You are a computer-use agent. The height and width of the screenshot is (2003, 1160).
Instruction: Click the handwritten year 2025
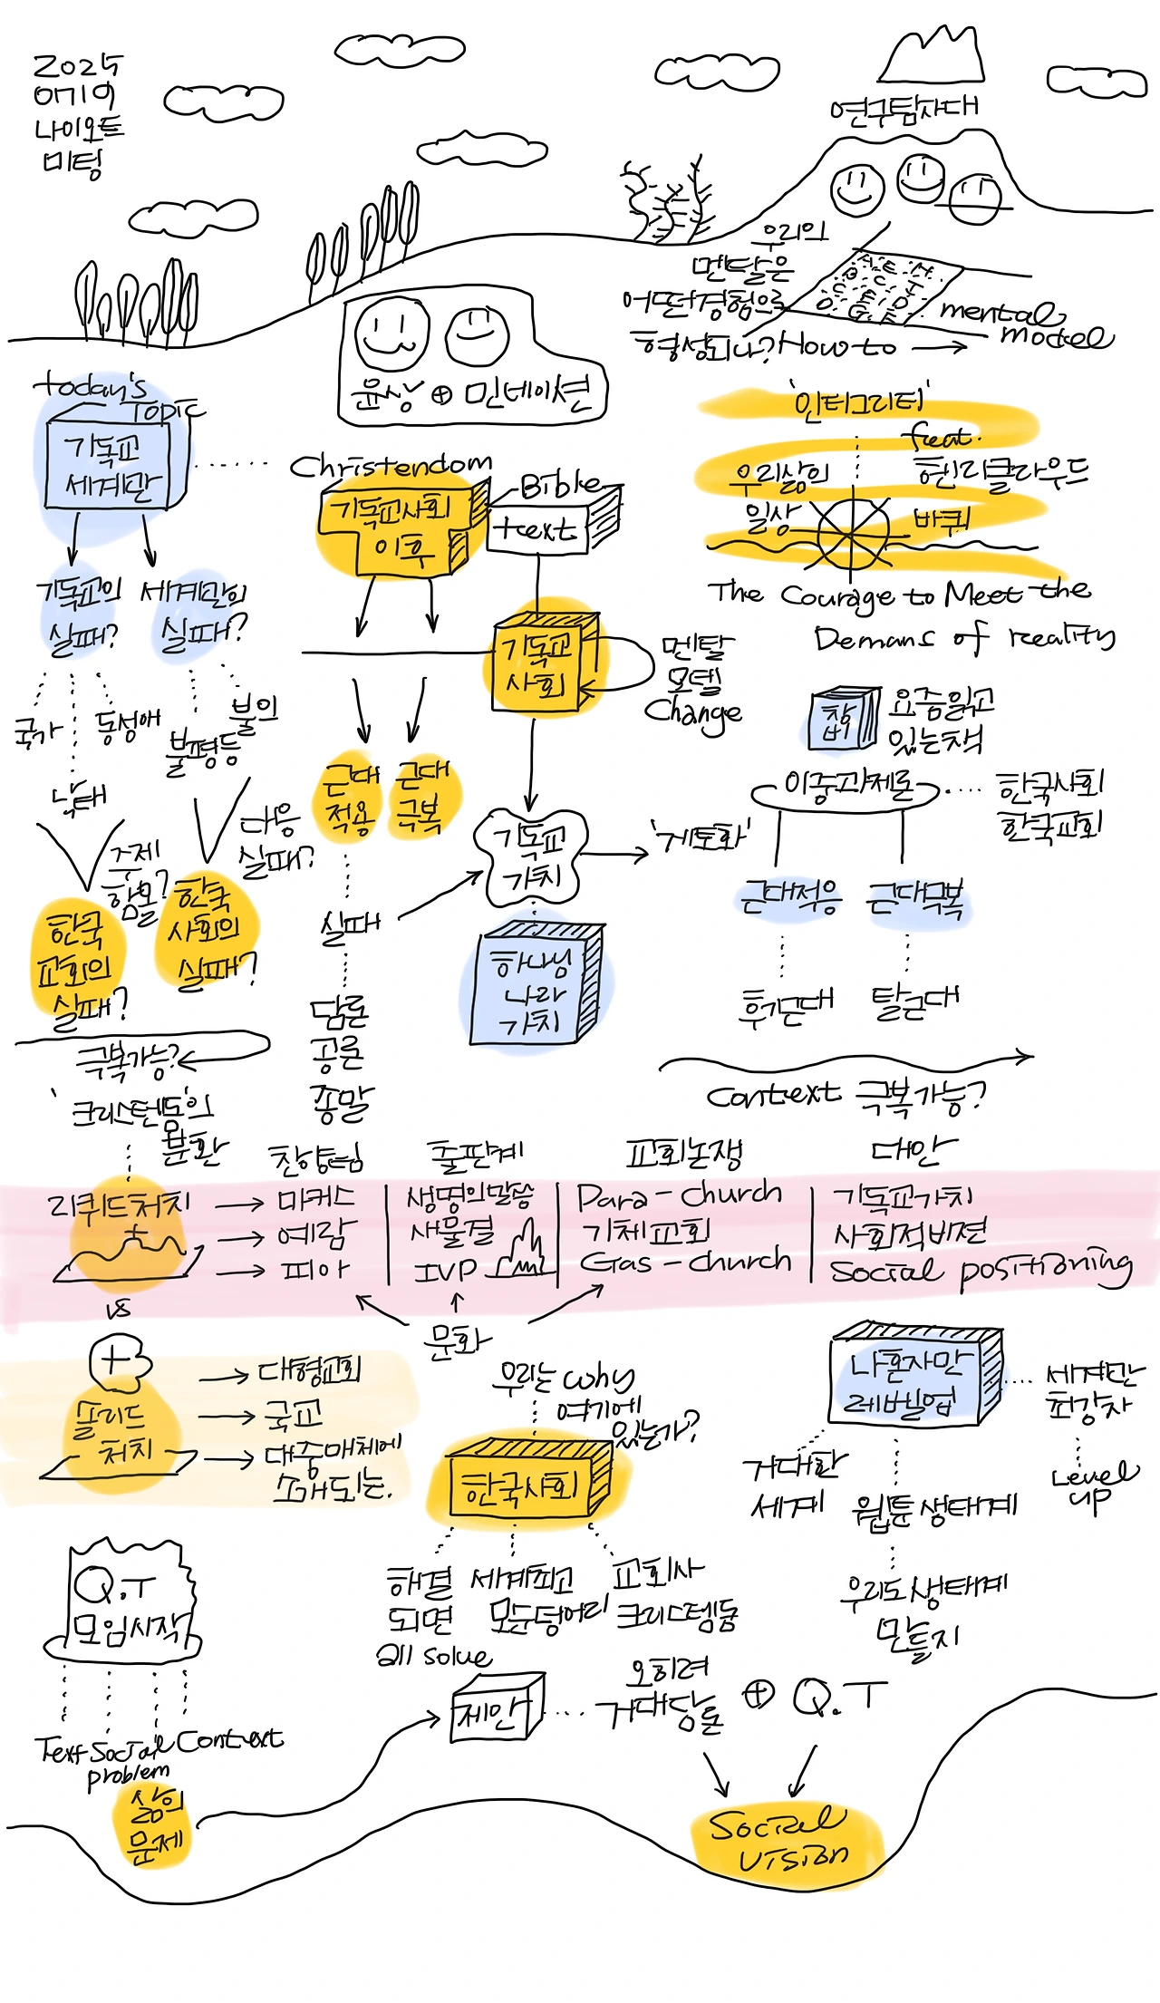tap(77, 66)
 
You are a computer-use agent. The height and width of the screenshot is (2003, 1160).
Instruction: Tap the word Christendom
tap(391, 466)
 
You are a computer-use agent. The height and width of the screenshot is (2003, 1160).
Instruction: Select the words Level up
tap(1092, 1486)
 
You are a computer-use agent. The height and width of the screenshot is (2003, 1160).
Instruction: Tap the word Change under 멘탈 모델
tap(693, 712)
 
